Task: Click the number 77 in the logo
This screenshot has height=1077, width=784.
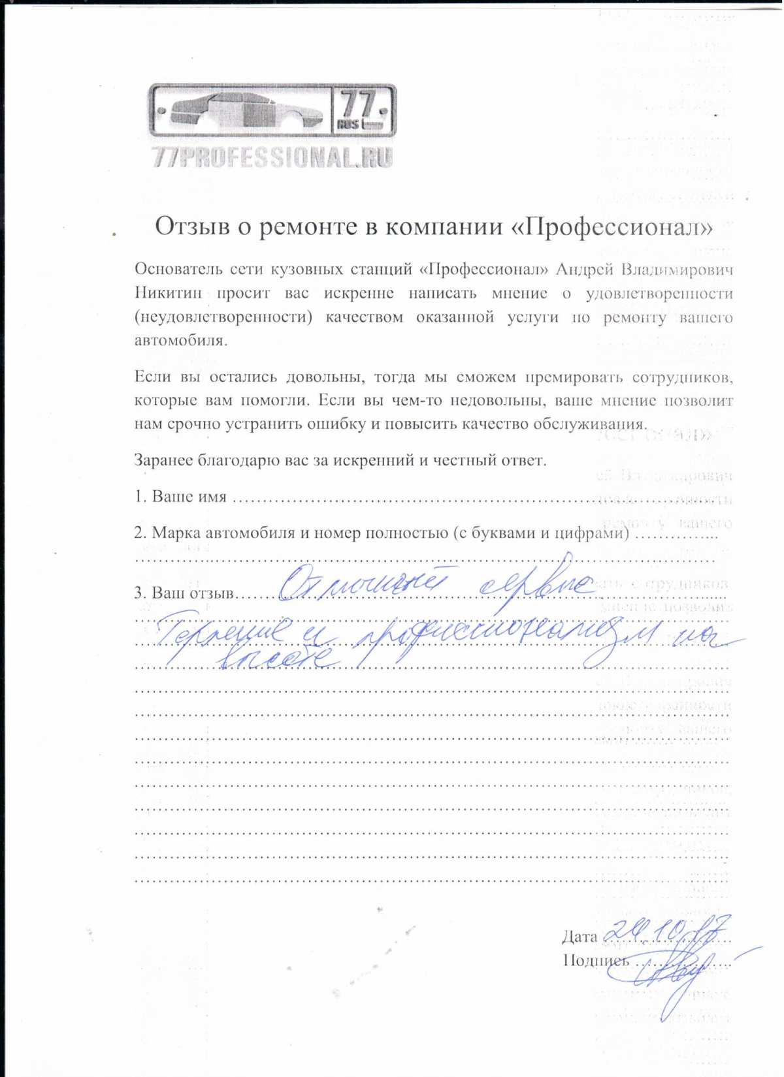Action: tap(358, 104)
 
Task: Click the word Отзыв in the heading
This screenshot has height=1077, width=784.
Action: tap(188, 226)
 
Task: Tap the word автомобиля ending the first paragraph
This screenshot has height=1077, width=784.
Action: tap(181, 341)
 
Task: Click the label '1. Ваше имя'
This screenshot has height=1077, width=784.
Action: tap(180, 497)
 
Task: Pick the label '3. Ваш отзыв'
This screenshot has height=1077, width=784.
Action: tap(184, 593)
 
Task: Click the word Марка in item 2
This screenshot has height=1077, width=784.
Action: tap(176, 533)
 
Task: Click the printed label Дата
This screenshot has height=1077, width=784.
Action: tap(579, 937)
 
